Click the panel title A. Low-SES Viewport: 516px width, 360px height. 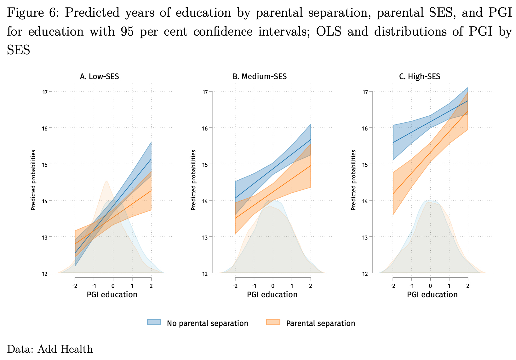coord(99,76)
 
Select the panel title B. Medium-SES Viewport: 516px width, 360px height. coord(260,76)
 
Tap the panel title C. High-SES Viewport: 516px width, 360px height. coord(420,76)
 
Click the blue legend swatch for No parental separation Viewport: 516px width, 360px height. coord(154,322)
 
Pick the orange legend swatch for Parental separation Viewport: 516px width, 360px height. coord(273,322)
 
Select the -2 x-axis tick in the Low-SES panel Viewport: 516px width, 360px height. coord(75,286)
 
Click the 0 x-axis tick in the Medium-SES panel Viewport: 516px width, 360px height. coord(273,286)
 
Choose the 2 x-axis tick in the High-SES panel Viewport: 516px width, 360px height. coord(468,286)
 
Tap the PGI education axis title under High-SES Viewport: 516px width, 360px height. coord(432,295)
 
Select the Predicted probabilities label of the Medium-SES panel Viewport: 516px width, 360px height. coord(194,180)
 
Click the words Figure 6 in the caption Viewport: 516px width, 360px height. coord(32,13)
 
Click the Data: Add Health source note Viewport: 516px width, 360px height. coord(50,349)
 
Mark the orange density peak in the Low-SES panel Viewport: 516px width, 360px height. coord(106,181)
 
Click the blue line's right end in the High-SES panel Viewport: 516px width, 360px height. coord(468,101)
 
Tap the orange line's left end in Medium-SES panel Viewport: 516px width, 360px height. coord(235,218)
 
